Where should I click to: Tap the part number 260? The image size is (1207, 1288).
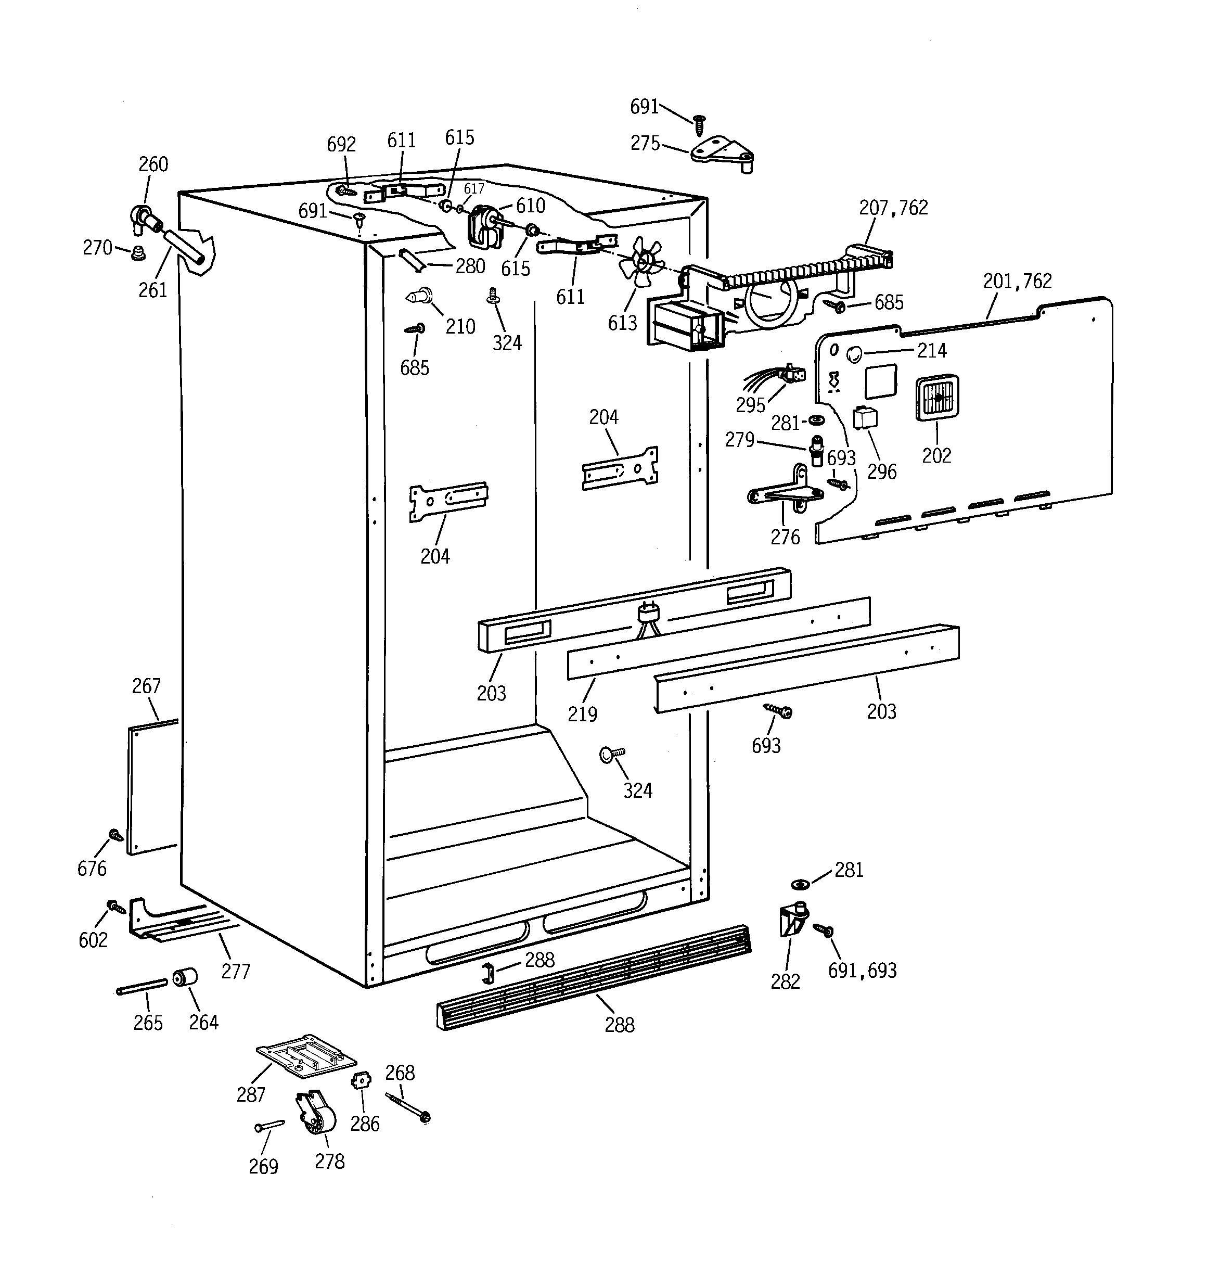(153, 164)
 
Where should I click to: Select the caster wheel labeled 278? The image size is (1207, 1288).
(316, 1113)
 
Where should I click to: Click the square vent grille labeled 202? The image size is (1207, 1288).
(937, 398)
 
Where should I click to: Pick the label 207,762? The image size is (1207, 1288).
(893, 208)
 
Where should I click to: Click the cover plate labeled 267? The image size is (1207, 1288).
(153, 788)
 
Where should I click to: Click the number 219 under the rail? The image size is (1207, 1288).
(583, 714)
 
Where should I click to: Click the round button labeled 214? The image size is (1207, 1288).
(855, 354)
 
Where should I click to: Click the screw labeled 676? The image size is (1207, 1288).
(117, 835)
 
